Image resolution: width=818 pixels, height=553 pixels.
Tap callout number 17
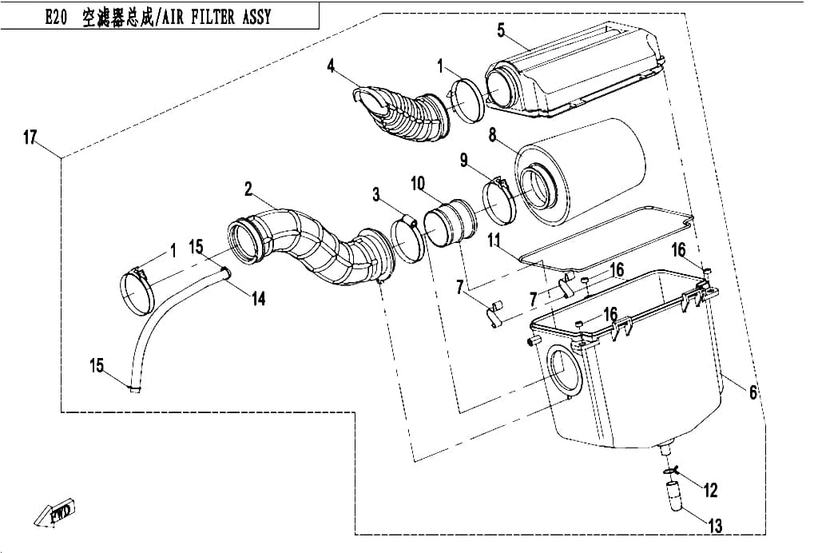pyautogui.click(x=30, y=137)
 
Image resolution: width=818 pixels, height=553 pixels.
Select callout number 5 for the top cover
pyautogui.click(x=501, y=30)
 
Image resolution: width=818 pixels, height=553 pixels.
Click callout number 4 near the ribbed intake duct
pyautogui.click(x=331, y=66)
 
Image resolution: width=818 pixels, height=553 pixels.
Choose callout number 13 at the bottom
pyautogui.click(x=716, y=525)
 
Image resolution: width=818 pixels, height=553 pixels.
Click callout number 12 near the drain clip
pyautogui.click(x=710, y=490)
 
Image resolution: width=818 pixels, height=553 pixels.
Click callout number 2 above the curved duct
pyautogui.click(x=248, y=189)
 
